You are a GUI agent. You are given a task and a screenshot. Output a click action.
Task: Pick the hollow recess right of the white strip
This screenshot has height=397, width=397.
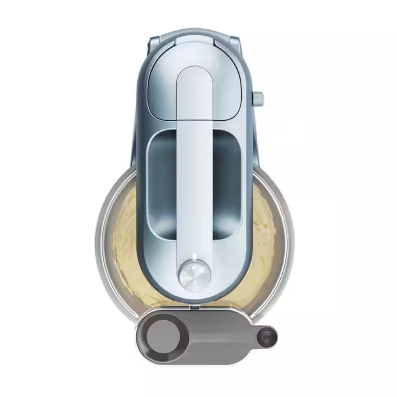click(x=227, y=183)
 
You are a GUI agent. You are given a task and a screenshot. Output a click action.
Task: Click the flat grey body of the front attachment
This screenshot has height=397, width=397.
click(x=214, y=333)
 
